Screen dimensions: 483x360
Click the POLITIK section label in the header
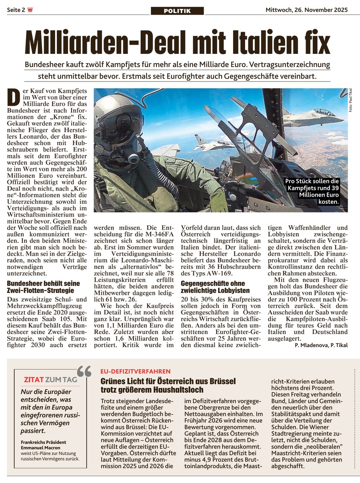click(177, 11)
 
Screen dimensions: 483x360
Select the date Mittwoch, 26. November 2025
click(307, 10)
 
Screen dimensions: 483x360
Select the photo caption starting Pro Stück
click(312, 191)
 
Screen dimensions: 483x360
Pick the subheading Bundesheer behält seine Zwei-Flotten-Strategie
click(40, 287)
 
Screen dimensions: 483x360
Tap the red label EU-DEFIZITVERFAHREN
click(135, 371)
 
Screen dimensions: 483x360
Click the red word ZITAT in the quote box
click(34, 379)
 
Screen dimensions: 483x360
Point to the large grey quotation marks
click(84, 372)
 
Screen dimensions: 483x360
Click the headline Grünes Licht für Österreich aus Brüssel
click(168, 385)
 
